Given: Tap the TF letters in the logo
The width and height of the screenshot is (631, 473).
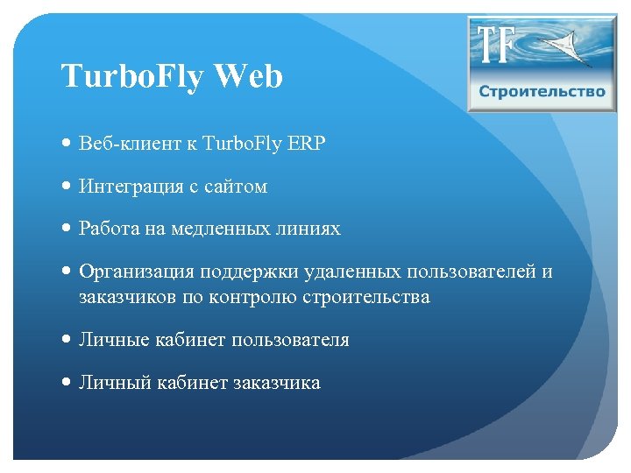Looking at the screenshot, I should click(x=497, y=45).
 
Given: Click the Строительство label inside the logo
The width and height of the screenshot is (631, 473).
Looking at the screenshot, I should click(x=542, y=92).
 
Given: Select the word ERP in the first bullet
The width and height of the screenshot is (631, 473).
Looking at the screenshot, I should click(x=307, y=144).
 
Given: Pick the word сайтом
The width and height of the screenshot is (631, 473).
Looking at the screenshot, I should click(x=236, y=187).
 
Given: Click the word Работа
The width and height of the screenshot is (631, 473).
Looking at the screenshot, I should click(x=105, y=229).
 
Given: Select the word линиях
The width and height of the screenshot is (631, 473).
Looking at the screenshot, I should click(x=308, y=229).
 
